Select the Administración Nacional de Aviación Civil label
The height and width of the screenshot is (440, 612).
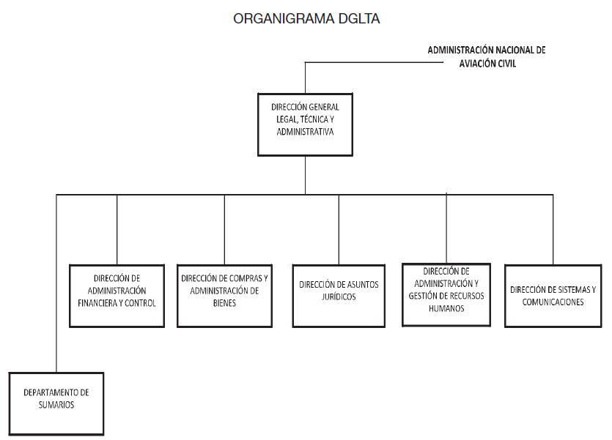coord(487,57)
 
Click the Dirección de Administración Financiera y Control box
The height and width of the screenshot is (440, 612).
coord(117,295)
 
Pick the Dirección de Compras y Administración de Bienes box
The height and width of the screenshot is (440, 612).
coord(225,295)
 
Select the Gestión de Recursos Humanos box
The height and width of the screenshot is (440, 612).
coord(446,294)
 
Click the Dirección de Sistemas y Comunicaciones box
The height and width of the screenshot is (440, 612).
coord(553,295)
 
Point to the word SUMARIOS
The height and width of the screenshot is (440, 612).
coord(56,405)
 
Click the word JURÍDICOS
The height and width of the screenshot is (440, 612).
coord(339,297)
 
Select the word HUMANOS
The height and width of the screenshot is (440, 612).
coord(446,308)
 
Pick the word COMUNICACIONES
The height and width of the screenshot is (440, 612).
coord(553,302)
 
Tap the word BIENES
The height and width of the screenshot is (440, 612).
coord(225,302)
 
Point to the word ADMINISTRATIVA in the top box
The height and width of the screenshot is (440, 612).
coord(306,133)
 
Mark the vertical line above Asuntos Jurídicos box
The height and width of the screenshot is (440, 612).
coord(339,228)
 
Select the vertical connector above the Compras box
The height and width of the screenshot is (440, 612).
coord(225,228)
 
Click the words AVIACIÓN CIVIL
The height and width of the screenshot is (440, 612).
coord(487,64)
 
